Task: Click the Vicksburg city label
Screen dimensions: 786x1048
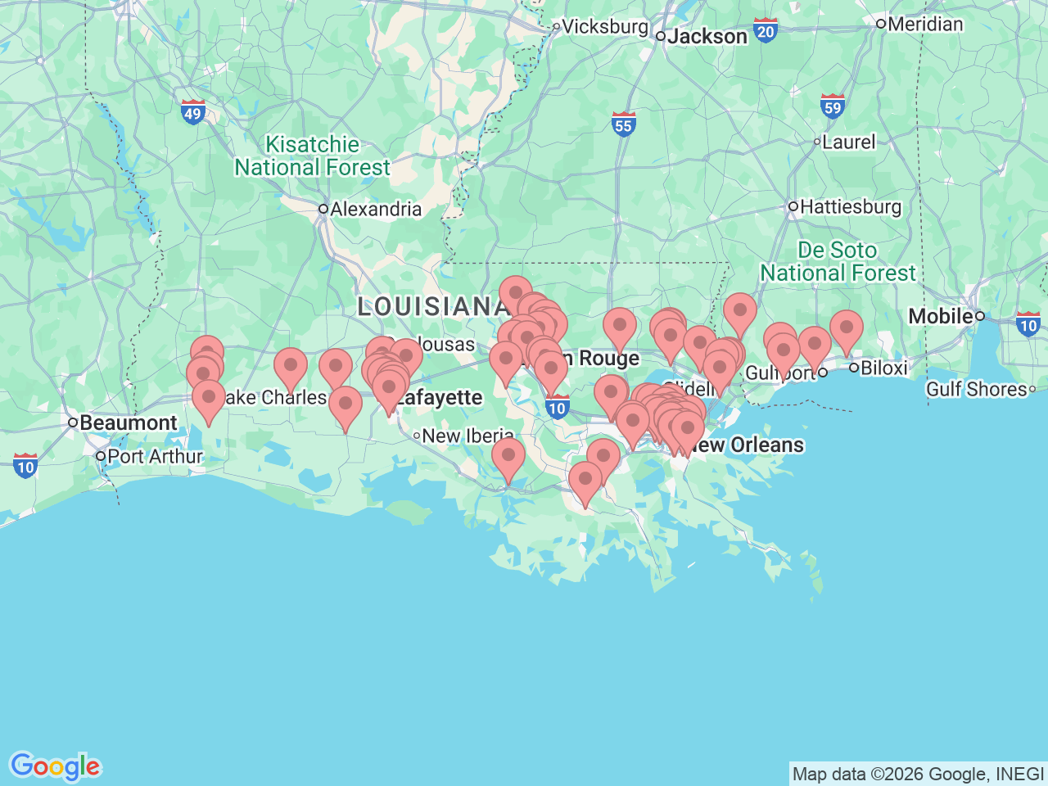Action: (x=604, y=26)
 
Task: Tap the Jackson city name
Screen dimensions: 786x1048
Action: (x=707, y=36)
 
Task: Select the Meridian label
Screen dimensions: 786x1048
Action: (x=925, y=24)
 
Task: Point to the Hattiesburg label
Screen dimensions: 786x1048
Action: (x=850, y=206)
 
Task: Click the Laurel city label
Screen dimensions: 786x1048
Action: (x=848, y=142)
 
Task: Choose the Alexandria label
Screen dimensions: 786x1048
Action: (x=375, y=209)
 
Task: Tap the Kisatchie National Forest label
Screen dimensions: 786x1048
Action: (x=312, y=156)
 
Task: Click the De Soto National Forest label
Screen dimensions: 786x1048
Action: (x=838, y=261)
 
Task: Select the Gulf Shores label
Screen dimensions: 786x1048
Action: (x=976, y=389)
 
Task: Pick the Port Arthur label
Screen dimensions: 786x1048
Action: (x=155, y=456)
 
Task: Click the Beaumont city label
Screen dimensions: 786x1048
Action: (x=128, y=422)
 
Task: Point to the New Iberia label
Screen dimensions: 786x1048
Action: (x=468, y=436)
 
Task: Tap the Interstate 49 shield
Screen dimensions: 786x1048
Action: (x=193, y=112)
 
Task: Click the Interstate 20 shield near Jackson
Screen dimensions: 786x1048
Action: (x=766, y=31)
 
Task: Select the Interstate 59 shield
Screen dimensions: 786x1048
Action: (x=833, y=106)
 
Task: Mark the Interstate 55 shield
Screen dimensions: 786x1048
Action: (x=623, y=124)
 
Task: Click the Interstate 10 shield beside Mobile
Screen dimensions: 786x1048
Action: (x=1028, y=324)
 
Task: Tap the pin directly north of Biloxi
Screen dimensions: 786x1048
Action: (x=846, y=327)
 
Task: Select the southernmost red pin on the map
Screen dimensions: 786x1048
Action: (x=585, y=479)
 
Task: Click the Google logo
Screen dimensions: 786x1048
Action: (x=55, y=766)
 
